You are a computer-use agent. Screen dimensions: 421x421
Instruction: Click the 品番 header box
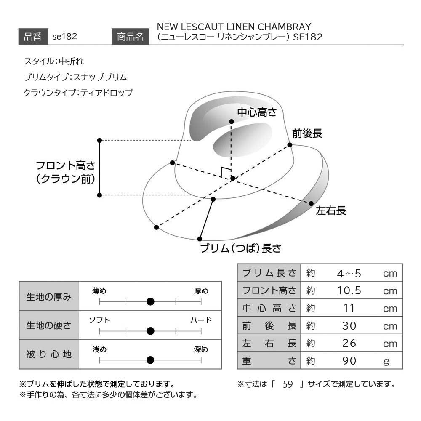pos(33,37)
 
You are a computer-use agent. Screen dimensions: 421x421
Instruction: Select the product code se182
pos(65,36)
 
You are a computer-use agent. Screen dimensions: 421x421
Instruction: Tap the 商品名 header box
pos(130,37)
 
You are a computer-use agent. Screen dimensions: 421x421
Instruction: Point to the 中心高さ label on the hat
pos(257,112)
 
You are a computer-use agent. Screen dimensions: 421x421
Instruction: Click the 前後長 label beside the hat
pos(307,133)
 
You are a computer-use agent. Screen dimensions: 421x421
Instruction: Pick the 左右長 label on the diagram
pos(331,211)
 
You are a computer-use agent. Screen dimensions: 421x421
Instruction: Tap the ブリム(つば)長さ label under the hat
pos(240,248)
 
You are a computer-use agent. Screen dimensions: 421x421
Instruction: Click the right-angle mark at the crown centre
pos(225,172)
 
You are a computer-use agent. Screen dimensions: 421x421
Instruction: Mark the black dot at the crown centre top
pos(232,122)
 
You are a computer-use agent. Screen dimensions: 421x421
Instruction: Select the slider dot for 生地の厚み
pos(150,302)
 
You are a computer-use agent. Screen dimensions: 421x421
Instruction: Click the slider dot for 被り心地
pos(150,360)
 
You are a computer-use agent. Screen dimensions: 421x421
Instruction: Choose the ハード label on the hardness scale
pos(201,320)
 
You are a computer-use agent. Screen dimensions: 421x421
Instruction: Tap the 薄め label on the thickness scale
pos(99,291)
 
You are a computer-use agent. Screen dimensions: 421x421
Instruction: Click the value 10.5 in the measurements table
pos(349,290)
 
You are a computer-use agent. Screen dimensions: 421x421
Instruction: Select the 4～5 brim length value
pos(349,273)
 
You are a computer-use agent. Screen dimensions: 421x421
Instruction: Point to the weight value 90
pos(349,361)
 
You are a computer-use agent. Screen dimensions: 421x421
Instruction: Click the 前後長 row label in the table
pos(269,326)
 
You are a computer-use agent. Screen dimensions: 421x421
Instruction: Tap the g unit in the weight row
pos(386,362)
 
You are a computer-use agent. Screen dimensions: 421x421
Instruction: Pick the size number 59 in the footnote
pos(288,384)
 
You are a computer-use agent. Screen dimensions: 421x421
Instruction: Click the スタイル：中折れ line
pos(54,61)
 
